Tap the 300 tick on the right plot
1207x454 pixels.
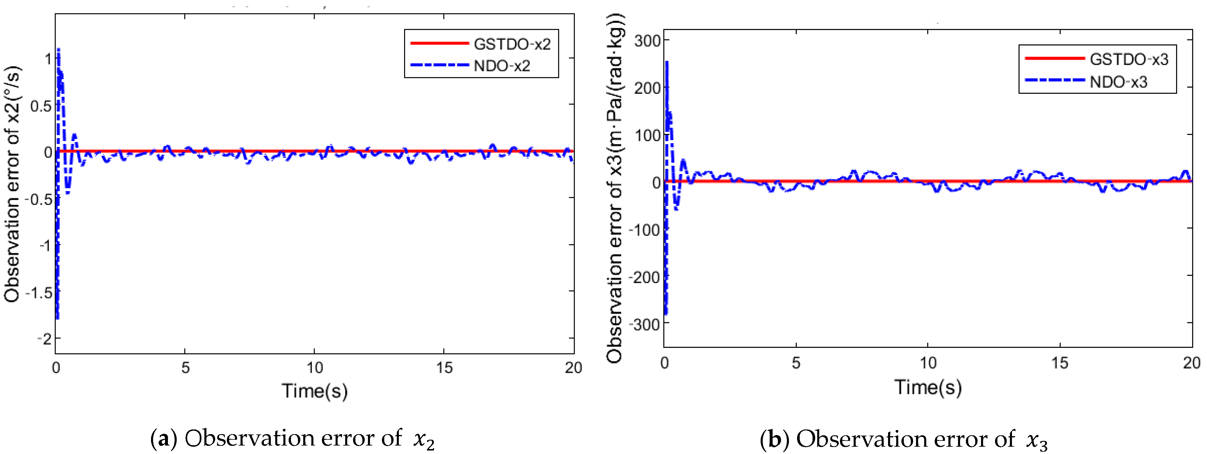point(647,41)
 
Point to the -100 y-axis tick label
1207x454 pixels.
point(644,230)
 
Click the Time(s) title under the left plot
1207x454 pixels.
point(314,390)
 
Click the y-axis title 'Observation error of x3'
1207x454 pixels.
point(615,188)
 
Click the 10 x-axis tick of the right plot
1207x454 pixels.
point(928,363)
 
